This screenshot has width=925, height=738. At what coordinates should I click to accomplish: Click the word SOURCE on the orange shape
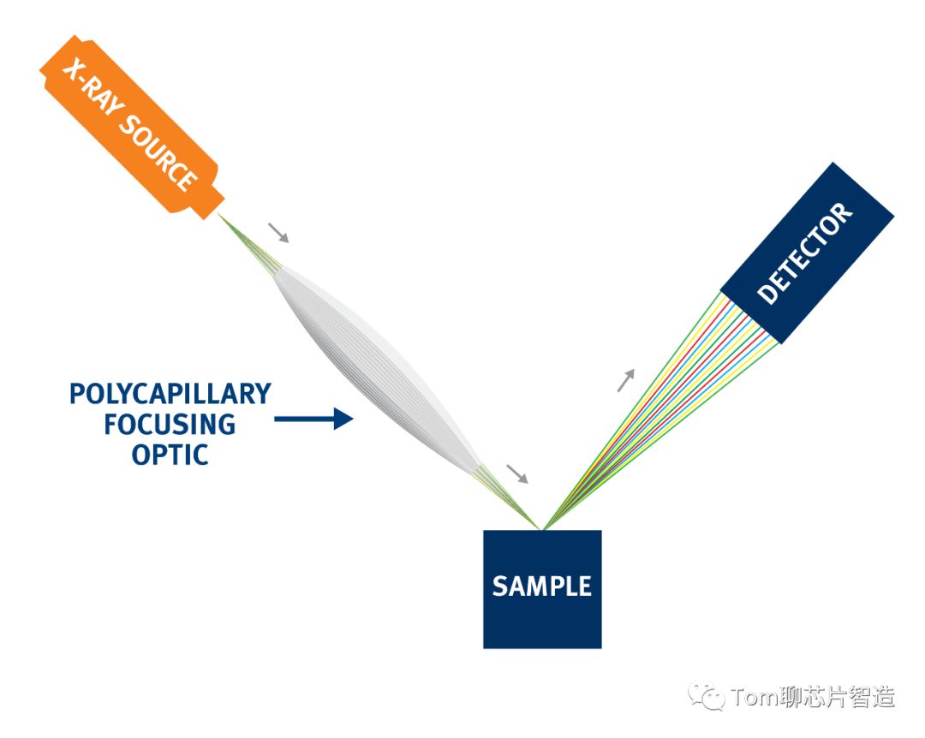click(158, 152)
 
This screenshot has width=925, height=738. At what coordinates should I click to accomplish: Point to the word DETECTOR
click(805, 253)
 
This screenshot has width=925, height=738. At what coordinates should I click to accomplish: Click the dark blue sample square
click(542, 589)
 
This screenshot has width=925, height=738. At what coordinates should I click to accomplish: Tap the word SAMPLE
click(542, 586)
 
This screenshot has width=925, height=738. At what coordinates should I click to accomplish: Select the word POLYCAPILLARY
click(170, 395)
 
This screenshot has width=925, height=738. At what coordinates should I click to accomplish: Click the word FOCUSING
click(170, 425)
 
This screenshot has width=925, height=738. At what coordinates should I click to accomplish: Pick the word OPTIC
click(170, 455)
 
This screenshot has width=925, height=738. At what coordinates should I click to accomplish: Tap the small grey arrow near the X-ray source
click(278, 232)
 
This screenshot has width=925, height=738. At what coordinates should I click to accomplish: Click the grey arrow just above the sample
click(517, 473)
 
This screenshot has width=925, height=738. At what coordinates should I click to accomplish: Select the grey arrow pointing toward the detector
click(626, 380)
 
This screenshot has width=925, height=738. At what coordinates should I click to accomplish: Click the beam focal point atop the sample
click(542, 529)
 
